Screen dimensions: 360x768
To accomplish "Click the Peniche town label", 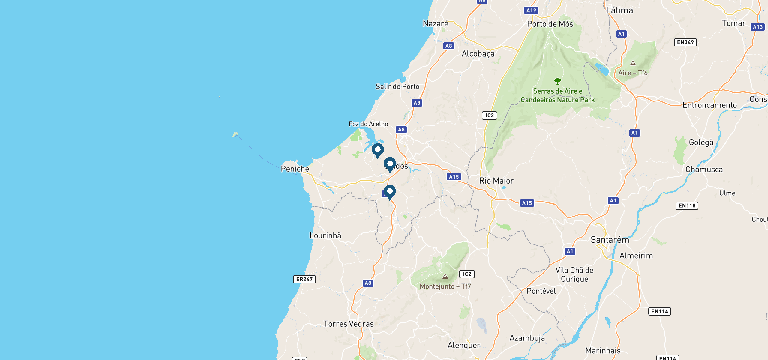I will click(295, 169).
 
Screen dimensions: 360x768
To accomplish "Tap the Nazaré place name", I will click(435, 24).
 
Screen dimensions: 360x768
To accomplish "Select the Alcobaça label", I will click(478, 54).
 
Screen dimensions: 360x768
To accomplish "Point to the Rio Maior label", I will click(496, 181).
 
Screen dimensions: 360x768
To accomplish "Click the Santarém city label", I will click(610, 240).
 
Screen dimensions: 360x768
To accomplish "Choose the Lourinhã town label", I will click(325, 236).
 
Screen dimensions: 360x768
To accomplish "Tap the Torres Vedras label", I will click(349, 324).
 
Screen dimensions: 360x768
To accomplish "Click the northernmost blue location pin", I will click(378, 150).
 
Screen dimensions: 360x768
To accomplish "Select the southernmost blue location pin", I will click(390, 191).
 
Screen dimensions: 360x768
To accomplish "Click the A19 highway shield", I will click(531, 10).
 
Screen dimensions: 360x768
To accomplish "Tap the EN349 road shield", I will click(685, 42).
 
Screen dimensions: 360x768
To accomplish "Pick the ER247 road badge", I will click(304, 279).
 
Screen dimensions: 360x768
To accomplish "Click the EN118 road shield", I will click(687, 206).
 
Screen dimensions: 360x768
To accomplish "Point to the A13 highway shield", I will click(757, 27).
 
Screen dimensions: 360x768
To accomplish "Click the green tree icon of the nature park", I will click(557, 81).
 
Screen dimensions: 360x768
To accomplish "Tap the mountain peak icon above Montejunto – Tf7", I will click(445, 277).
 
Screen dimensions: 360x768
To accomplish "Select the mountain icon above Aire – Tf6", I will click(633, 63).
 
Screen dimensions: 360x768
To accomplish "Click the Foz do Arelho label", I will click(368, 124).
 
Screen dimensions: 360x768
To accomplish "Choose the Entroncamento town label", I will click(709, 105).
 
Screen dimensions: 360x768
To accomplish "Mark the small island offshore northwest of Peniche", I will click(235, 134).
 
